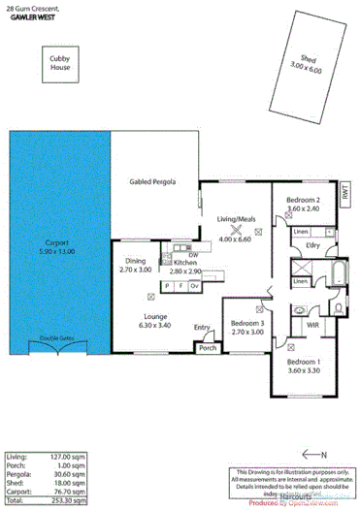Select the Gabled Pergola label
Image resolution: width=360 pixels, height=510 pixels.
pos(152,182)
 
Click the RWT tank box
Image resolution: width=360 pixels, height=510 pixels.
pos(346,194)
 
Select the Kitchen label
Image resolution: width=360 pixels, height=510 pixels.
pos(185,263)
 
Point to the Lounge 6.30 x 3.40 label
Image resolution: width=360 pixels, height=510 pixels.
pos(157,320)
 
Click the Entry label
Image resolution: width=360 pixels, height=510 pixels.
pos(202,328)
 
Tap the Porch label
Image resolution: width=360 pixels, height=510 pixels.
pos(207,347)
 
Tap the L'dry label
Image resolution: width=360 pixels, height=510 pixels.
pos(312,246)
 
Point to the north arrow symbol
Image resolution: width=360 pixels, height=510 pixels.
pos(312,453)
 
